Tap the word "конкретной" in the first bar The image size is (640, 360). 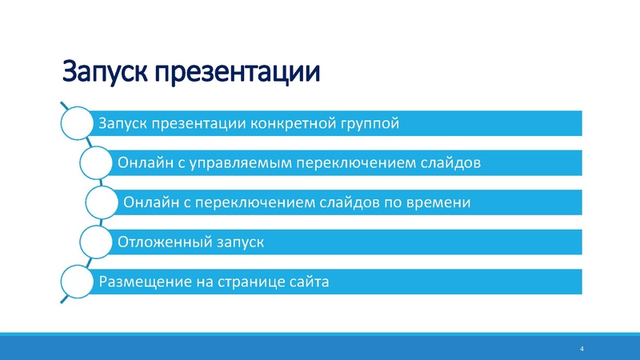tap(292, 124)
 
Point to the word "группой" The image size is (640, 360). tap(369, 124)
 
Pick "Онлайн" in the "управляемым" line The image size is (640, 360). tap(142, 163)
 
